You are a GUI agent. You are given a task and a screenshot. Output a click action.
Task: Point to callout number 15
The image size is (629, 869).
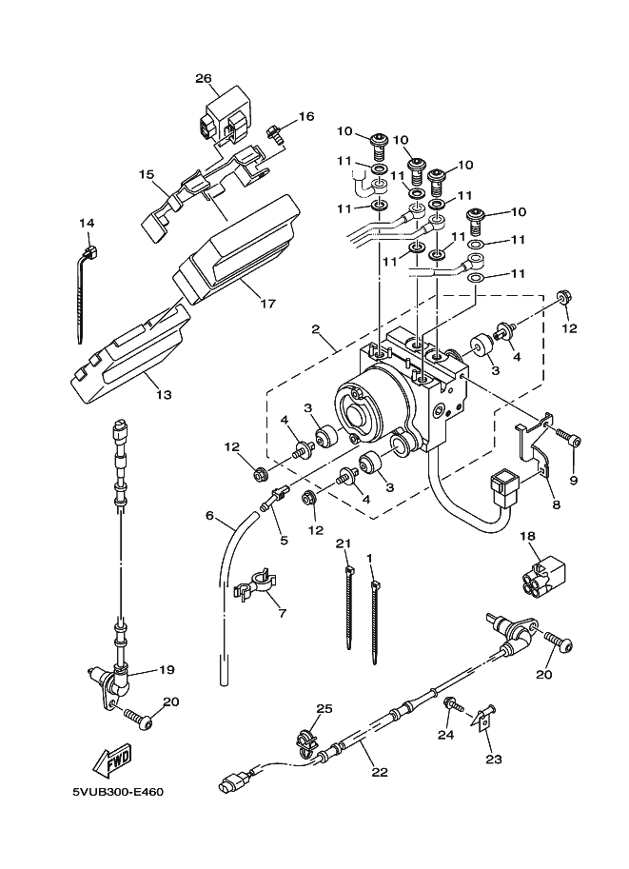click(x=146, y=174)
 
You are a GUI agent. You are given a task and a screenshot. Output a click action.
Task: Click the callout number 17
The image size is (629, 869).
click(x=267, y=304)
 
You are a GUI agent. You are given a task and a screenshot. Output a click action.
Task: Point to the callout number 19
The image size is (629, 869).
click(x=167, y=670)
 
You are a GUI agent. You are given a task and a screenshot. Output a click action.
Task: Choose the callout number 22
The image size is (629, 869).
click(x=380, y=772)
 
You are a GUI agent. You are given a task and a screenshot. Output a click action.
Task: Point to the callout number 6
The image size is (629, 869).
click(x=209, y=516)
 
